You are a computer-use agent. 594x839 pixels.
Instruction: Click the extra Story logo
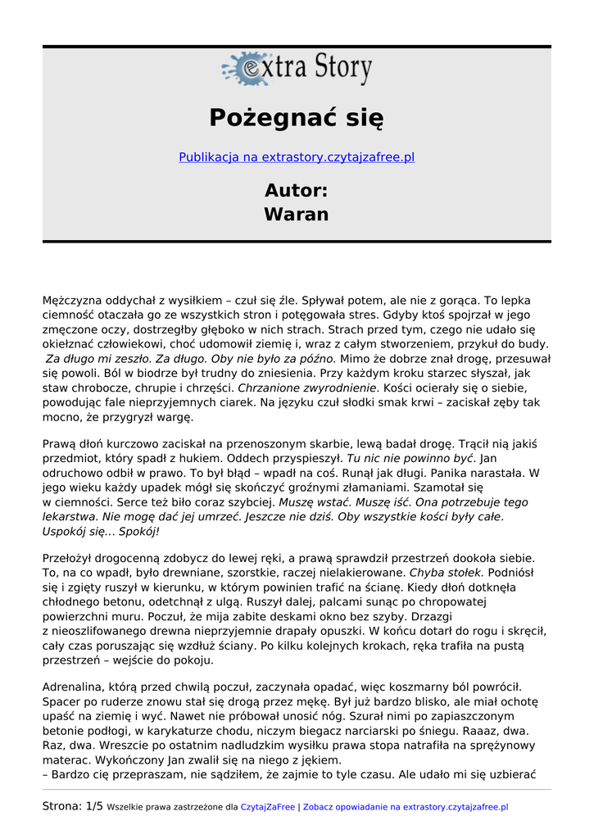tap(297, 69)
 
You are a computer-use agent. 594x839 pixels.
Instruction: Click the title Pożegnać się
tap(297, 118)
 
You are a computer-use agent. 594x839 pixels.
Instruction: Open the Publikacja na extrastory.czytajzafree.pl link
tap(297, 157)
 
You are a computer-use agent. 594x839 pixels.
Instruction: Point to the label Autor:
tap(297, 190)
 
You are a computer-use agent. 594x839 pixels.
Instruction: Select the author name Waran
tap(297, 215)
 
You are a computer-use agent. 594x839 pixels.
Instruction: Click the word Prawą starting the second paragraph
tap(58, 443)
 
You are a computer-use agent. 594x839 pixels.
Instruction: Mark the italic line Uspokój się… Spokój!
tap(101, 532)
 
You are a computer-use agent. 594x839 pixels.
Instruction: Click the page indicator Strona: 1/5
tap(73, 806)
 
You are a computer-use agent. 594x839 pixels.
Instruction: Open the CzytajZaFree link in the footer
tap(267, 807)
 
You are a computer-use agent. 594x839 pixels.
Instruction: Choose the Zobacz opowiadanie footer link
tap(405, 807)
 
